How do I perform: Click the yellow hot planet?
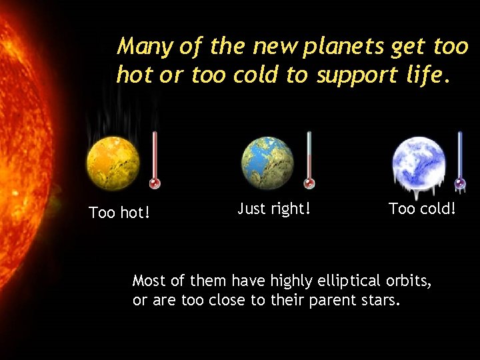coord(113,163)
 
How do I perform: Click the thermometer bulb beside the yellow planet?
coord(155,183)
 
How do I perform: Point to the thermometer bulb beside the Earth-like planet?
coord(309,183)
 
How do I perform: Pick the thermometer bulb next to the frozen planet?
coord(460,183)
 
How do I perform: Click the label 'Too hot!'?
coord(119,213)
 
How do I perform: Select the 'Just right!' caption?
coord(274,209)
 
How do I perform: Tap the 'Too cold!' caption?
coord(423,209)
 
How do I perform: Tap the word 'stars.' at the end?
coord(381,300)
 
